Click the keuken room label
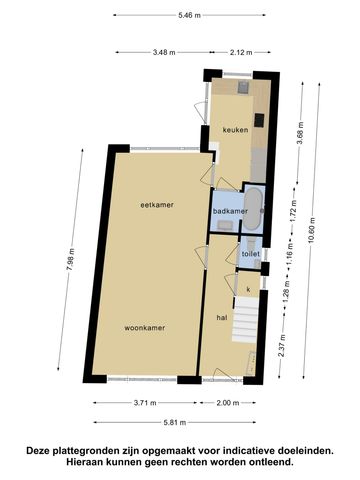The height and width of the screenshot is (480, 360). (235, 130)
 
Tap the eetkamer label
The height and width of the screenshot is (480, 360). (157, 205)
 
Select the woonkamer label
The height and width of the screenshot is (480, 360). (145, 328)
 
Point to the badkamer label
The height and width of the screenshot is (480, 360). (230, 211)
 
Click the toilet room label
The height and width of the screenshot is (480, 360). (251, 254)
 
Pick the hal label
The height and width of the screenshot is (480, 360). (222, 318)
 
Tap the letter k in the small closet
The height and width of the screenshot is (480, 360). (248, 289)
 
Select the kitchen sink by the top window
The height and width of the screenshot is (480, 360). (243, 87)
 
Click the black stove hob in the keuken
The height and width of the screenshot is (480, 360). (259, 120)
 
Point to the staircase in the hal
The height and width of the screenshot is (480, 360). (244, 320)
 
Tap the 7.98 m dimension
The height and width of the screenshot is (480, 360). (70, 260)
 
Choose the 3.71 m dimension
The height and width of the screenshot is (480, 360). (145, 403)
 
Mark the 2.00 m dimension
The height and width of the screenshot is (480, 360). (228, 403)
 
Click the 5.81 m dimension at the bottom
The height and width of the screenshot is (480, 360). (175, 422)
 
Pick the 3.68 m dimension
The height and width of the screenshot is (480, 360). (300, 133)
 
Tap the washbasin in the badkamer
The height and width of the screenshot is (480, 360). (225, 225)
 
